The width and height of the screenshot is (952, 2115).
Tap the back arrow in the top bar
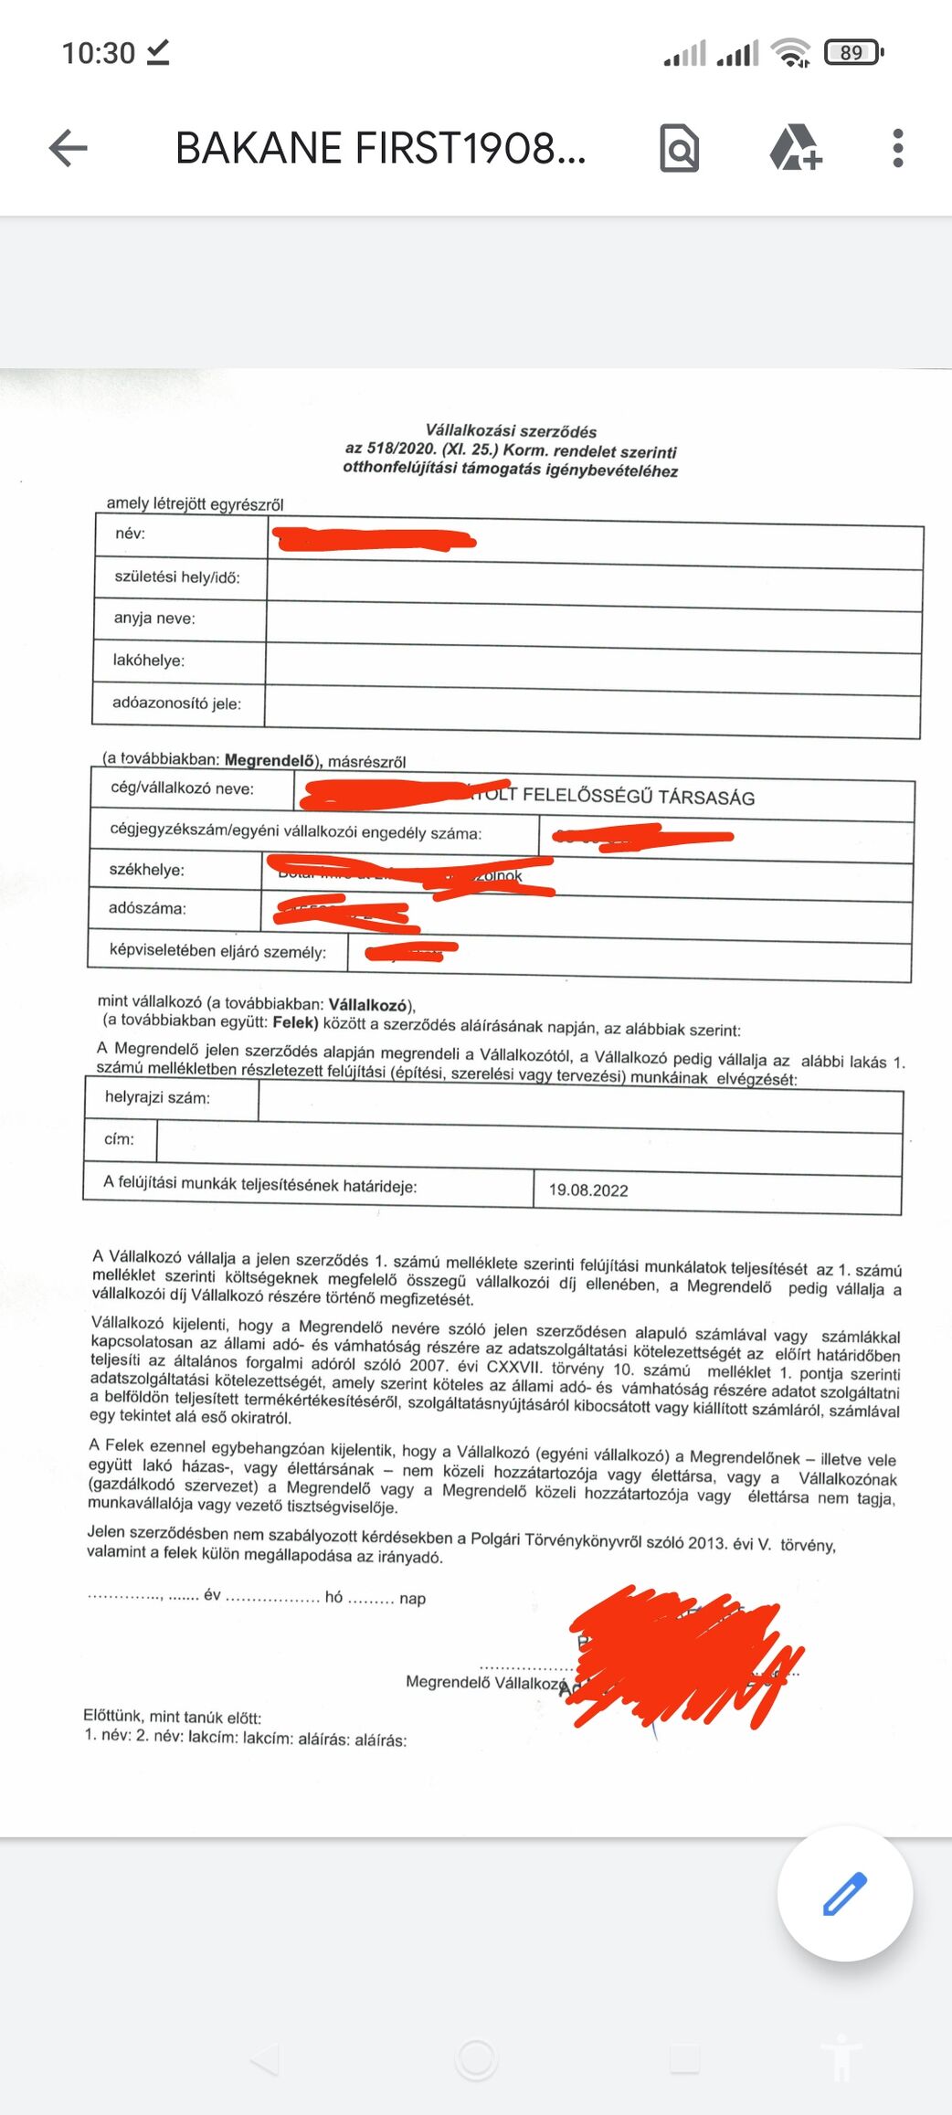coord(69,148)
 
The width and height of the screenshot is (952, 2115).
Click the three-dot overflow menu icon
coord(897,148)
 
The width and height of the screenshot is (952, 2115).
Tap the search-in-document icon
coord(679,148)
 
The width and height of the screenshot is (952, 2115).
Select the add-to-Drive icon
coord(795,148)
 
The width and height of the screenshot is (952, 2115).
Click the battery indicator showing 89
coord(852,53)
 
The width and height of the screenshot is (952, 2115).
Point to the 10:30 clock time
coord(98,53)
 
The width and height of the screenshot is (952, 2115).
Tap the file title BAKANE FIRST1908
coord(380,148)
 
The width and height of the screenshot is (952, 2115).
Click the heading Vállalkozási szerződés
coord(511,430)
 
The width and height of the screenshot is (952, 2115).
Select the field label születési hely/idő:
coord(177,577)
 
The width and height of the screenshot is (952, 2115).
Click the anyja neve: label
coord(154,619)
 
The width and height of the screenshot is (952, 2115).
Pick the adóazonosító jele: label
coord(176,703)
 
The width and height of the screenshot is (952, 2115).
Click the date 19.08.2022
coord(588,1190)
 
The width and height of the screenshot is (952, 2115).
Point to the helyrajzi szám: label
coord(157,1097)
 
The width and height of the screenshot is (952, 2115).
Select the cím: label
coord(119,1139)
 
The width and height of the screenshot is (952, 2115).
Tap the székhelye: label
coord(146,870)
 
